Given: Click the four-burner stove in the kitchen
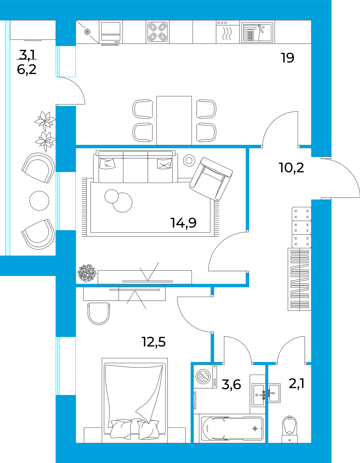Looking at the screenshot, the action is tap(158, 32).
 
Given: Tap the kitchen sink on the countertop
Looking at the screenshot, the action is tap(257, 32).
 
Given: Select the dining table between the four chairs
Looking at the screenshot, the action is tap(174, 120).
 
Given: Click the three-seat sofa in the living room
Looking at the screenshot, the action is tap(135, 167).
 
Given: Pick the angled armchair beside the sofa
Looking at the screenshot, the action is tap(211, 179).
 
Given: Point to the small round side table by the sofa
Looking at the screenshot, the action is tap(189, 160).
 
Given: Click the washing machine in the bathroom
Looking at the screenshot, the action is tap(205, 376).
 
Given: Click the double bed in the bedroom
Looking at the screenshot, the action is tap(135, 401).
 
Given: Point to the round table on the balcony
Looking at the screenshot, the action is tap(39, 201).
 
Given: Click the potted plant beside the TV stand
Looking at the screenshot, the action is tap(87, 273).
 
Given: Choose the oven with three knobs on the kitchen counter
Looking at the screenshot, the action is tap(228, 32).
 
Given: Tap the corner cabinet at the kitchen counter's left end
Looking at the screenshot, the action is tap(87, 32).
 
